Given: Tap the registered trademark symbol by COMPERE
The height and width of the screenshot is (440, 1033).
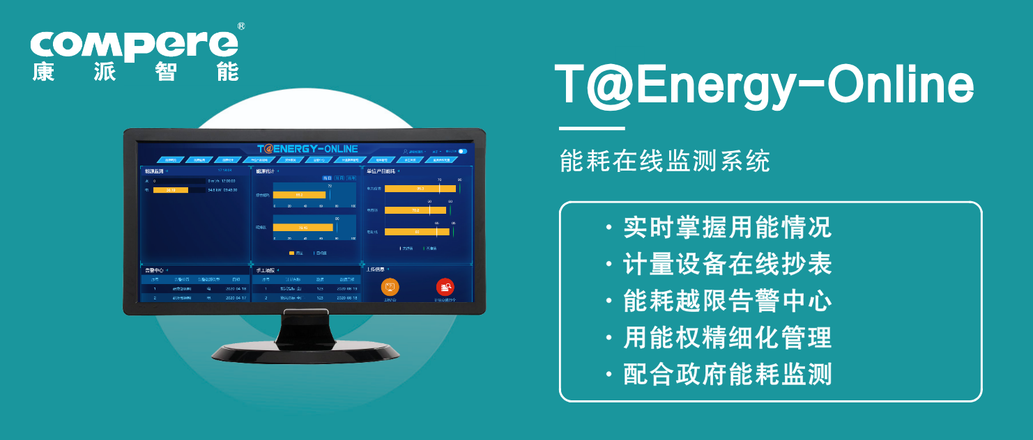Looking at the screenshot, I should [x=241, y=26].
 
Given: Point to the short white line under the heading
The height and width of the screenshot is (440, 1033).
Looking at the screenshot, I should [x=592, y=129].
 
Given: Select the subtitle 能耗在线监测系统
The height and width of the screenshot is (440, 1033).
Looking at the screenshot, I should [x=665, y=162].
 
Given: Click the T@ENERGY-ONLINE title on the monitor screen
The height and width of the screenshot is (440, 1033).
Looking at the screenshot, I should [x=307, y=148].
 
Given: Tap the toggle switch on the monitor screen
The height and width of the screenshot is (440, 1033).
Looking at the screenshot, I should [x=462, y=151].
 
